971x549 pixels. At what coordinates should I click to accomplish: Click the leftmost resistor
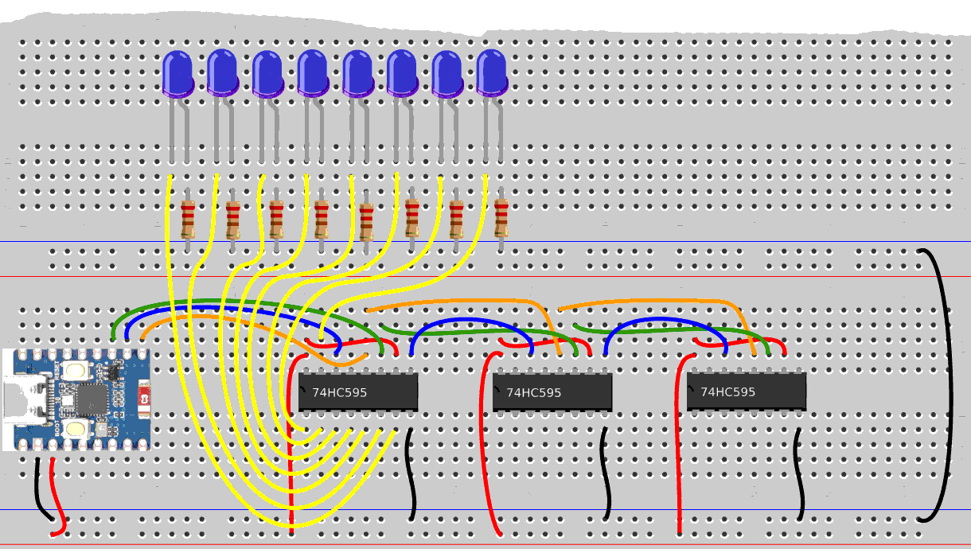(x=188, y=220)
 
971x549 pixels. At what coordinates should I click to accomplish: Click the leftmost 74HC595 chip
(x=358, y=392)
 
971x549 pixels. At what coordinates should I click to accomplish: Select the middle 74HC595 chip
(x=552, y=392)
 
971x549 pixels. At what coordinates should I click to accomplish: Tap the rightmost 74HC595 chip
(x=747, y=391)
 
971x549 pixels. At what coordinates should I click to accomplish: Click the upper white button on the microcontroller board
(x=76, y=370)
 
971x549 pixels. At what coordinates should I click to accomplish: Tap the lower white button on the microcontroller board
(x=76, y=430)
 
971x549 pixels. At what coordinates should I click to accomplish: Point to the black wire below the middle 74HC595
(x=606, y=473)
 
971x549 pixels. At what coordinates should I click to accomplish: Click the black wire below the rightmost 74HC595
(x=800, y=473)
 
